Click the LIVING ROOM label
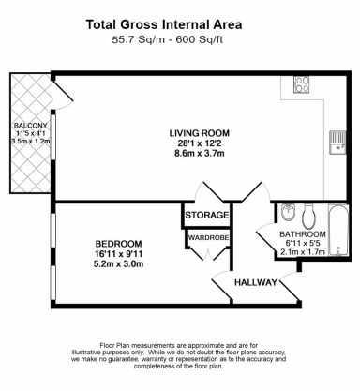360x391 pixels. pyautogui.click(x=200, y=133)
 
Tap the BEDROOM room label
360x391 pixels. pyautogui.click(x=118, y=244)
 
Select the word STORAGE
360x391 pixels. pyautogui.click(x=207, y=215)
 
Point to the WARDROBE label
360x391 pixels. pyautogui.click(x=208, y=237)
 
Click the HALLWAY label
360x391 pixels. pyautogui.click(x=256, y=282)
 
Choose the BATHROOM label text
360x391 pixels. pyautogui.click(x=303, y=234)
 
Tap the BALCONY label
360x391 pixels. pyautogui.click(x=31, y=126)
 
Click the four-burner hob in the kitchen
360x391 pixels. pyautogui.click(x=301, y=84)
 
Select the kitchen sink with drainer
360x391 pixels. pyautogui.click(x=337, y=143)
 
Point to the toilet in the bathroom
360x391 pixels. pyautogui.click(x=308, y=216)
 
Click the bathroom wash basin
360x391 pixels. pyautogui.click(x=286, y=213)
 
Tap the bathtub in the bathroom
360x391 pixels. pyautogui.click(x=338, y=231)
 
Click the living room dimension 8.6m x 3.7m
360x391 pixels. pyautogui.click(x=200, y=154)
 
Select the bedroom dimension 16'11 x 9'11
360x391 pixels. pyautogui.click(x=118, y=254)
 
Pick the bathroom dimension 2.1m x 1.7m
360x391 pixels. pyautogui.click(x=303, y=252)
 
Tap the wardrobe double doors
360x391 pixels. pyautogui.click(x=207, y=254)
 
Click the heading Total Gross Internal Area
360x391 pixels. pyautogui.click(x=164, y=24)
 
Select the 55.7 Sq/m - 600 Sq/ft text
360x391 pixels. pyautogui.click(x=168, y=40)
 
